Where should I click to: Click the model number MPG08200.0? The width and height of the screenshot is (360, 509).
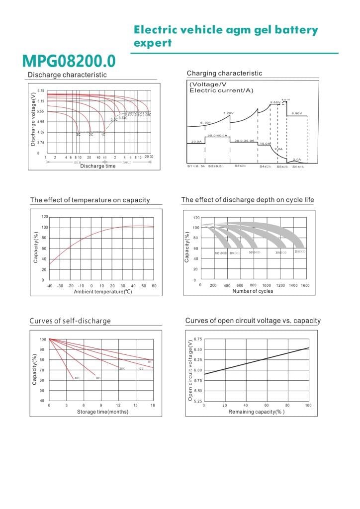pyautogui.click(x=69, y=61)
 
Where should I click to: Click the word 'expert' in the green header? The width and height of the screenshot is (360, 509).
pyautogui.click(x=153, y=43)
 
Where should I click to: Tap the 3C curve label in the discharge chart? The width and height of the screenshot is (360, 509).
pyautogui.click(x=78, y=135)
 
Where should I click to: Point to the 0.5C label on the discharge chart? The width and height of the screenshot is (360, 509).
pyautogui.click(x=114, y=119)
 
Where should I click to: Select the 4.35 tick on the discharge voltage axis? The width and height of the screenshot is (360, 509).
pyautogui.click(x=40, y=132)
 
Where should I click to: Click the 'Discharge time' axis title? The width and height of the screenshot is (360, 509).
pyautogui.click(x=98, y=166)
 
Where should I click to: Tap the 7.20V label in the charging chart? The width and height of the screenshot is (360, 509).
pyautogui.click(x=228, y=113)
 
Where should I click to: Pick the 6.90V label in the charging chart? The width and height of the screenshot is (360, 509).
pyautogui.click(x=297, y=113)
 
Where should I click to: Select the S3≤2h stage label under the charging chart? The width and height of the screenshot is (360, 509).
pyautogui.click(x=241, y=166)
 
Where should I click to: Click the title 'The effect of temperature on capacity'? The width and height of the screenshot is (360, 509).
pyautogui.click(x=90, y=200)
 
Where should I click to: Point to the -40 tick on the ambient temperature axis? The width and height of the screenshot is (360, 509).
pyautogui.click(x=49, y=286)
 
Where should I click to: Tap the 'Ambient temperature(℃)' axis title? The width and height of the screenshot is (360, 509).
pyautogui.click(x=103, y=292)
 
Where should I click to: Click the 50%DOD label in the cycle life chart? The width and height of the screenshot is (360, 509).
pyautogui.click(x=255, y=253)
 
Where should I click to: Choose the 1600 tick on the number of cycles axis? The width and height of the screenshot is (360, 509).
pyautogui.click(x=305, y=286)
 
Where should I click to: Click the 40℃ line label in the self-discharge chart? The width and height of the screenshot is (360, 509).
pyautogui.click(x=77, y=378)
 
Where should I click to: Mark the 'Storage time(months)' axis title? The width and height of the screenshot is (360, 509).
pyautogui.click(x=102, y=412)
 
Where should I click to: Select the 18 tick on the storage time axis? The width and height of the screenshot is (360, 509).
pyautogui.click(x=152, y=406)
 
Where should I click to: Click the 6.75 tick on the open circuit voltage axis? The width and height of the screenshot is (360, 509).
pyautogui.click(x=198, y=339)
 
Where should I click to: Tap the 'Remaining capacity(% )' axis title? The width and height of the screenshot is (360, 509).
pyautogui.click(x=257, y=412)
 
